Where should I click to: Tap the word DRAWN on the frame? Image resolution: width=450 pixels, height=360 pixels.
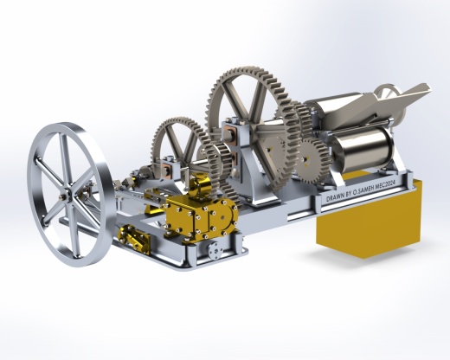[335, 197]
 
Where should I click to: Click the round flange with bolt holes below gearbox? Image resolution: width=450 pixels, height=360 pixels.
[215, 249]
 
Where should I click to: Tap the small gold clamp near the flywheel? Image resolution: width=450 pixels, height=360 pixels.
[135, 238]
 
